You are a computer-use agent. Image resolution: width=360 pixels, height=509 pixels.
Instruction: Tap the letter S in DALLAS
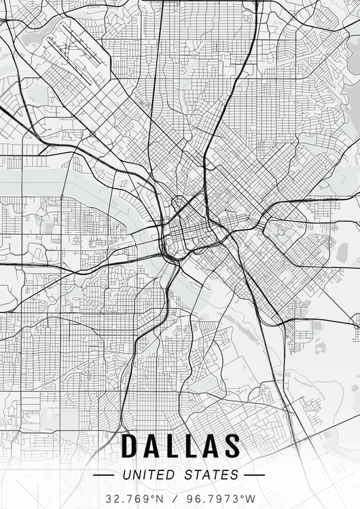click(232, 446)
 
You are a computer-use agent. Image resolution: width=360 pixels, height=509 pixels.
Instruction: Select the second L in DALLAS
click(192, 446)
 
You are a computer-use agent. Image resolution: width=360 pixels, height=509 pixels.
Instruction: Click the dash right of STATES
click(254, 475)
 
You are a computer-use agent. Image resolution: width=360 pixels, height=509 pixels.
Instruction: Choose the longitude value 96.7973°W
click(217, 498)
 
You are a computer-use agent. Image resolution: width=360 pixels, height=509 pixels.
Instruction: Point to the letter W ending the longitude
click(249, 498)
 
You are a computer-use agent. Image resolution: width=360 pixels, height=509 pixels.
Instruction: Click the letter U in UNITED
click(126, 474)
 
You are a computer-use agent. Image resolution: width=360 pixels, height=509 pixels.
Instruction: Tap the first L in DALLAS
click(173, 446)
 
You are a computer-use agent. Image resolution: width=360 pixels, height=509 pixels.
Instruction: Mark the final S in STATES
click(235, 474)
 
